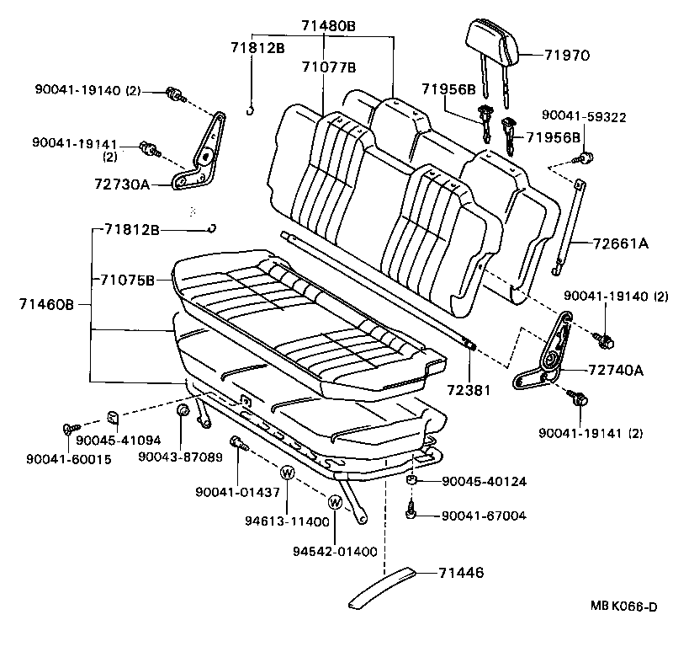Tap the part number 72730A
tap(123, 183)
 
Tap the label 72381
tap(469, 393)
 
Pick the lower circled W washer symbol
tap(335, 503)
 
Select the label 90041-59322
tap(584, 116)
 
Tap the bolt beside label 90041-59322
tap(587, 157)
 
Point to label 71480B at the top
tap(329, 26)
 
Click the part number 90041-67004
tap(484, 515)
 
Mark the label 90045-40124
tap(484, 482)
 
